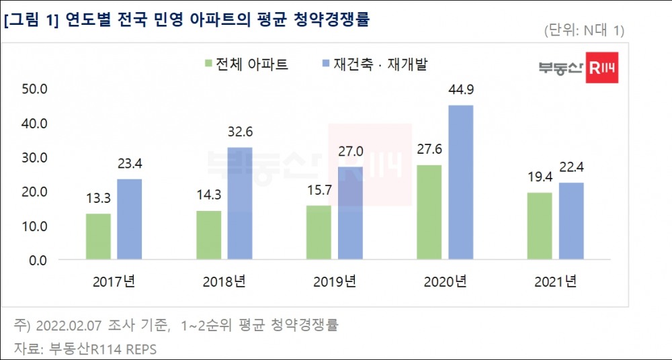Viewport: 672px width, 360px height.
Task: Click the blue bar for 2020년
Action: [x=460, y=182]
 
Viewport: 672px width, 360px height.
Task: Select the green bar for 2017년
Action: [x=98, y=236]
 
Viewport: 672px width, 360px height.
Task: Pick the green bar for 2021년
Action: [x=540, y=226]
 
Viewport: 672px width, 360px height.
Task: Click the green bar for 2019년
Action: [x=319, y=232]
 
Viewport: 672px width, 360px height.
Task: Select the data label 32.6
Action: [x=241, y=132]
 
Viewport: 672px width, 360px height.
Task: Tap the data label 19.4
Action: [x=540, y=178]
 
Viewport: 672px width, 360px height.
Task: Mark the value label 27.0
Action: [x=350, y=152]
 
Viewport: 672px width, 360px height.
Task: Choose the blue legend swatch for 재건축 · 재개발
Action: [x=325, y=64]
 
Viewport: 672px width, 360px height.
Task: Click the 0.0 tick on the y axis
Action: [x=36, y=260]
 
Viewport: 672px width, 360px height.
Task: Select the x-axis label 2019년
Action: [x=334, y=281]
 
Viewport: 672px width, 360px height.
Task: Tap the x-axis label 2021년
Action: [x=555, y=281]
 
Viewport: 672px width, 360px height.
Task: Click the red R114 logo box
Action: [x=602, y=67]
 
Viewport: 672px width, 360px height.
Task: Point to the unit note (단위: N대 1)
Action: [x=582, y=31]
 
